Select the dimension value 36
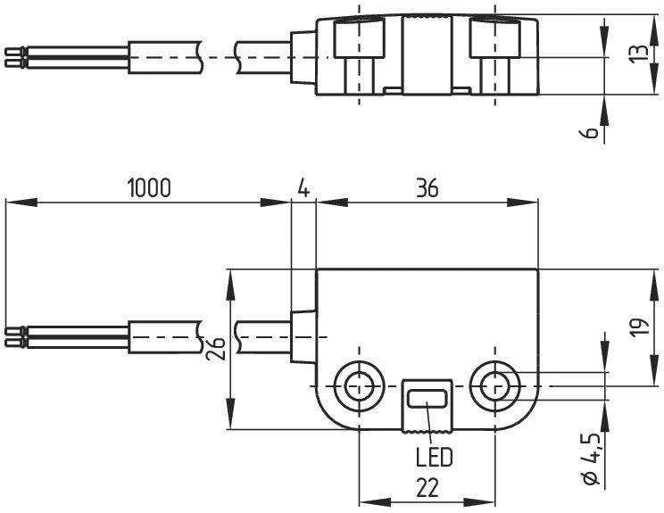pos(427,188)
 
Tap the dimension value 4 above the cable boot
pos(303,188)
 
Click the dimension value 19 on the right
pos(637,327)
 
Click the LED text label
pos(434,458)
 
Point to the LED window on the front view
pos(427,399)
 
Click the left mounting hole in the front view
pos(359,385)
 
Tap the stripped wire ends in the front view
pos(15,336)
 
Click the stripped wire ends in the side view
pos(15,56)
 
